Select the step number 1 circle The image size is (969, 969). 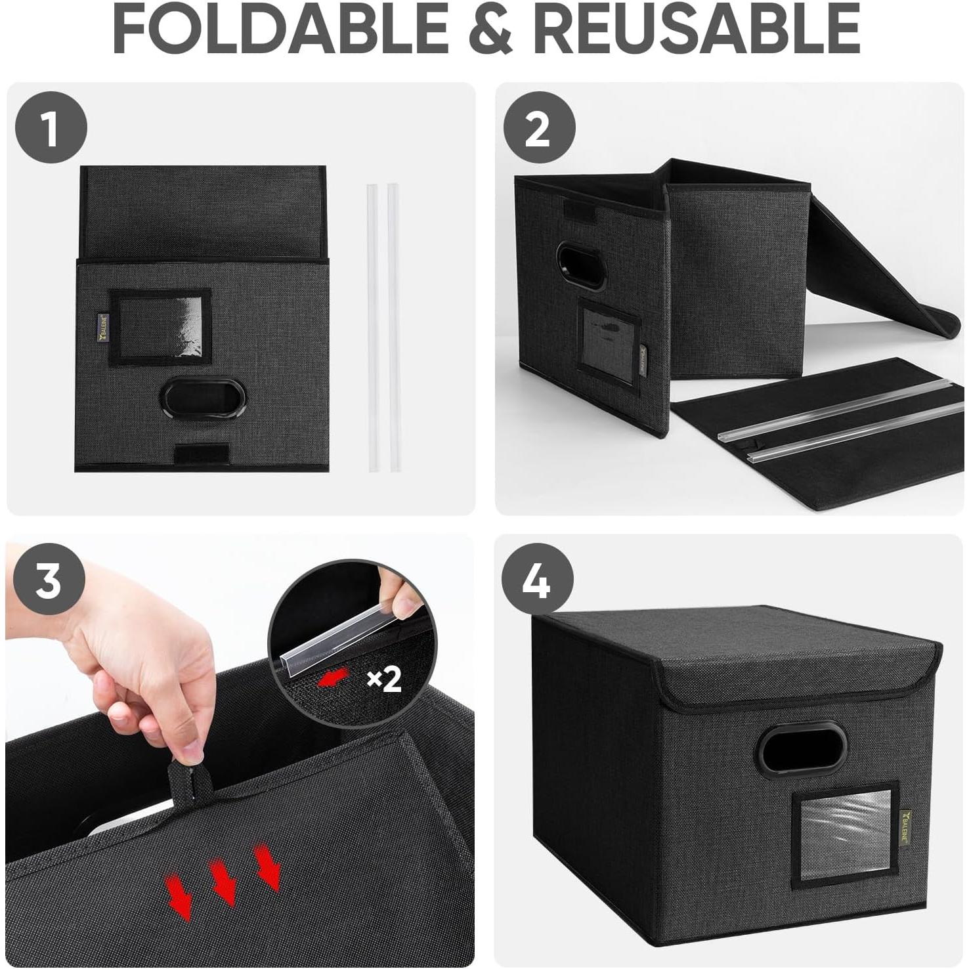(51, 127)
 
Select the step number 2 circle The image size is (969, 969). (538, 127)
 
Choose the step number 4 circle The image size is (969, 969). (537, 579)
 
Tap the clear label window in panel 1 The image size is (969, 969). (160, 326)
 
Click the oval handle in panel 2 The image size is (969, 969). (580, 266)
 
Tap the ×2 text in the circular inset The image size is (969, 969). (384, 679)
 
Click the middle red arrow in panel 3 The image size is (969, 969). (224, 881)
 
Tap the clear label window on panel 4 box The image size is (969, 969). (845, 834)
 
